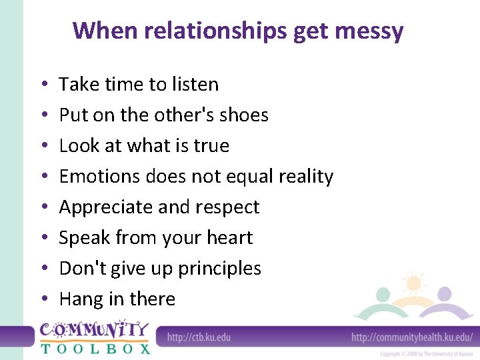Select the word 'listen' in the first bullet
[x=195, y=85]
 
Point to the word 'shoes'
[x=243, y=115]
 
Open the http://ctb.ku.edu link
[x=199, y=337]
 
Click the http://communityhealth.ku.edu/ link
[x=412, y=337]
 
